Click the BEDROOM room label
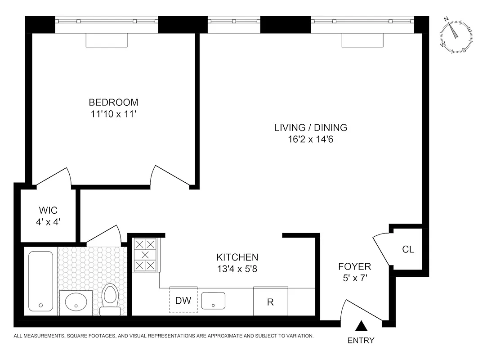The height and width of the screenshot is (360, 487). tap(113, 102)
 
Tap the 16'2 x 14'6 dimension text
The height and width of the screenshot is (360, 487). tap(310, 139)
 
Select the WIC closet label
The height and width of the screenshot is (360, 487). tap(48, 210)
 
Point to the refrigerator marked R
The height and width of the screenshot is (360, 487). tap(270, 301)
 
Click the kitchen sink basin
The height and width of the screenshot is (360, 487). tap(213, 300)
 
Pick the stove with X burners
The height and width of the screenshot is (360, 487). tap(145, 255)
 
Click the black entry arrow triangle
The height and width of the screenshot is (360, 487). tap(361, 326)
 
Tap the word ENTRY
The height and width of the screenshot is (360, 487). tap(361, 341)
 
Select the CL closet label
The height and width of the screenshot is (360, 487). tap(408, 249)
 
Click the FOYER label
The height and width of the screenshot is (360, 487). tap(354, 266)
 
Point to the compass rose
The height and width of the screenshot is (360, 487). tap(456, 36)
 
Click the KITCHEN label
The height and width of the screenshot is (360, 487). tap(237, 257)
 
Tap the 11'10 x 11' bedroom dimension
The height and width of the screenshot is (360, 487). tap(113, 114)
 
